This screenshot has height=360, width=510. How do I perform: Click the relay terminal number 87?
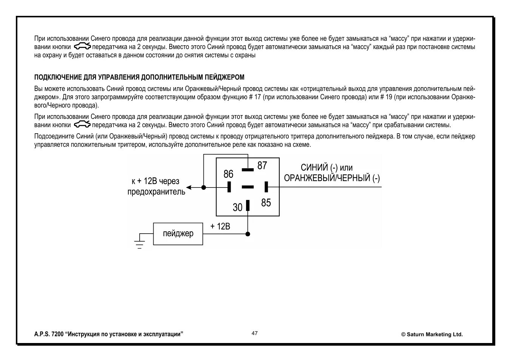[262, 166]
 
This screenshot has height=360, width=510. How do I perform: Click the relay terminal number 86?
[228, 174]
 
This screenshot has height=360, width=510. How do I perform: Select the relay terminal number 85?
[266, 203]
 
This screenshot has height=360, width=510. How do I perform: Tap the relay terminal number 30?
[237, 207]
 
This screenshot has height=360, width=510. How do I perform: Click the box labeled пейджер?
[178, 234]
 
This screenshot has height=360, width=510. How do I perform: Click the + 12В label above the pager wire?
[220, 226]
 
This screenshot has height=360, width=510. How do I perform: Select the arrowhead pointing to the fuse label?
[189, 187]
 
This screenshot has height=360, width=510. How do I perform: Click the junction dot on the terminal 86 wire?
[203, 187]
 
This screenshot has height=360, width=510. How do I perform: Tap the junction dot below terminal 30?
[248, 234]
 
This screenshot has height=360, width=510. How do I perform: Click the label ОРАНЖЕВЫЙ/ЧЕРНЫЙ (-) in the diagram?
[332, 178]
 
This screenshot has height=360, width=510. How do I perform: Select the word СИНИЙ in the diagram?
[314, 168]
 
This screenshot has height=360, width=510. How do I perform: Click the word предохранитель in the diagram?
[156, 192]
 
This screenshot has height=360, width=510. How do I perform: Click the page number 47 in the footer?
[255, 333]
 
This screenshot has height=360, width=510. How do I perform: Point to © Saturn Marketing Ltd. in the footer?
[432, 334]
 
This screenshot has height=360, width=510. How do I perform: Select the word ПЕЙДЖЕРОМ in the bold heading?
[225, 77]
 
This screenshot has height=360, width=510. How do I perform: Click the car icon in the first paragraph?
[82, 47]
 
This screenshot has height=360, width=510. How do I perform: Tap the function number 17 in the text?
[257, 97]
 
